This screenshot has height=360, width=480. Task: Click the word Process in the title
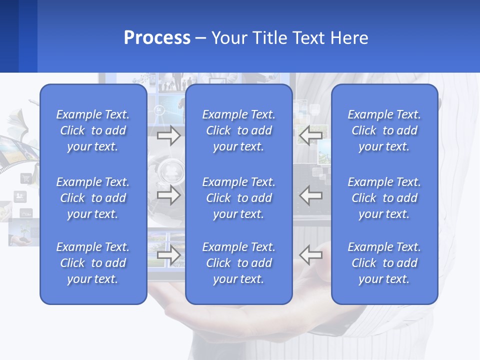pyautogui.click(x=157, y=38)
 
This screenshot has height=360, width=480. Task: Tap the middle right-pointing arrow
pyautogui.click(x=169, y=195)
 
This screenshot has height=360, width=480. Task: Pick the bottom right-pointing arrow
pyautogui.click(x=169, y=255)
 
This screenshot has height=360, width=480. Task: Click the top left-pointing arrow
pyautogui.click(x=310, y=134)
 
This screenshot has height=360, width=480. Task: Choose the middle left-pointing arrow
pyautogui.click(x=310, y=195)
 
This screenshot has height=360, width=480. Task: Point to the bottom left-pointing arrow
pyautogui.click(x=310, y=255)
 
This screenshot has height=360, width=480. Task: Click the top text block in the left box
pyautogui.click(x=93, y=130)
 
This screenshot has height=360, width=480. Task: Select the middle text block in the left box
pyautogui.click(x=93, y=198)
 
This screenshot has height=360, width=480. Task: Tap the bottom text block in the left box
pyautogui.click(x=93, y=263)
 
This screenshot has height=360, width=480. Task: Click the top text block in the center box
pyautogui.click(x=239, y=130)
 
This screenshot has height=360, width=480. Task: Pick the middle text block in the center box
pyautogui.click(x=239, y=198)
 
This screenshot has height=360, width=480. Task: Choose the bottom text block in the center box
pyautogui.click(x=239, y=263)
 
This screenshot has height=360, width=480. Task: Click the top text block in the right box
pyautogui.click(x=384, y=130)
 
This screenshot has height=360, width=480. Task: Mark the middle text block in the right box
pyautogui.click(x=384, y=198)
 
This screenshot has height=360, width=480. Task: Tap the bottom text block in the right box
pyautogui.click(x=384, y=263)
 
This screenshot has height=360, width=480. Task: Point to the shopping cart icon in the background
pyautogui.click(x=25, y=178)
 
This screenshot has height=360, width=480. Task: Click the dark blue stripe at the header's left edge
pyautogui.click(x=9, y=36)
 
